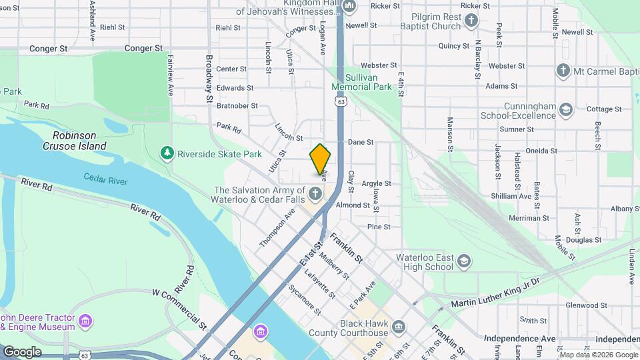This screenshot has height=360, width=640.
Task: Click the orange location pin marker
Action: (320, 160)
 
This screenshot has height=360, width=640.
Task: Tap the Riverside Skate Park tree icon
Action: (167, 154)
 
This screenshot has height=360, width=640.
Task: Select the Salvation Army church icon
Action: (315, 195)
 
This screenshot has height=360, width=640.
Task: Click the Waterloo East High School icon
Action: (464, 262)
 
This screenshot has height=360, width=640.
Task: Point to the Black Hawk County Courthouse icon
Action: (398, 327)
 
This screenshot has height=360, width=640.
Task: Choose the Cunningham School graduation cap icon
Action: (566, 109)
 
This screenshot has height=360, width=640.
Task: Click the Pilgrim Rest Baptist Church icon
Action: (471, 21)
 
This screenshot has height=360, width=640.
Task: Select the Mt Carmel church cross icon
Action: (563, 71)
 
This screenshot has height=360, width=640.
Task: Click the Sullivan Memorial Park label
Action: (362, 82)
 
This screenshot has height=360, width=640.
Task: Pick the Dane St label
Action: (361, 142)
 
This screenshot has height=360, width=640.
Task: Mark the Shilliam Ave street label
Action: (515, 196)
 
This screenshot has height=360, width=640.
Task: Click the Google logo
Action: (22, 351)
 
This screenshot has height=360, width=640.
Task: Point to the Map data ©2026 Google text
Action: (598, 355)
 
